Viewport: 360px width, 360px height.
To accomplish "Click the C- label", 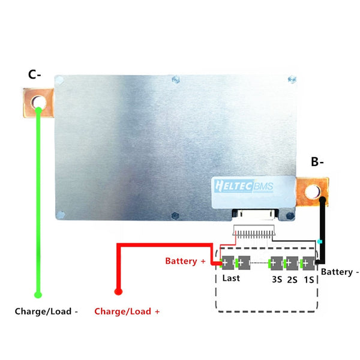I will [x=34, y=75].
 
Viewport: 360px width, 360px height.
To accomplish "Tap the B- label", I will [x=318, y=161].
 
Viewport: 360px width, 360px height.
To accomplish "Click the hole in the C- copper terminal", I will [x=39, y=102].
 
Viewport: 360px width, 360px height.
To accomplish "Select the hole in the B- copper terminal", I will [x=312, y=191].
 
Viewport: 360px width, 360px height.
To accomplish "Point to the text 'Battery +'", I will [x=185, y=262].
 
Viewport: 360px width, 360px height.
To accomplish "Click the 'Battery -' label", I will [x=340, y=272].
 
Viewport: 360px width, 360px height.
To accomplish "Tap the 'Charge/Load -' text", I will [x=46, y=312].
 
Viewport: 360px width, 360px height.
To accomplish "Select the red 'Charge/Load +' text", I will [x=127, y=312].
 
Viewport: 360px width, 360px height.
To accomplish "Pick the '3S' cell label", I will [x=277, y=279].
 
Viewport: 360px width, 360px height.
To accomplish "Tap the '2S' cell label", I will [x=292, y=279].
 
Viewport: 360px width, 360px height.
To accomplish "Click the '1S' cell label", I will [x=308, y=279].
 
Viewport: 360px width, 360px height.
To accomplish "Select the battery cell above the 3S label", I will [x=277, y=263].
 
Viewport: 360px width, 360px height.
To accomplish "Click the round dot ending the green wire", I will [x=38, y=295].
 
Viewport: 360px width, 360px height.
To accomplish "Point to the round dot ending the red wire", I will [x=118, y=292].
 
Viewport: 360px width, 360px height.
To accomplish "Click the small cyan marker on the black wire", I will [x=320, y=242].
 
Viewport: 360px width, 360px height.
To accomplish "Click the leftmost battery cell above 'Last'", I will [x=229, y=263].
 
